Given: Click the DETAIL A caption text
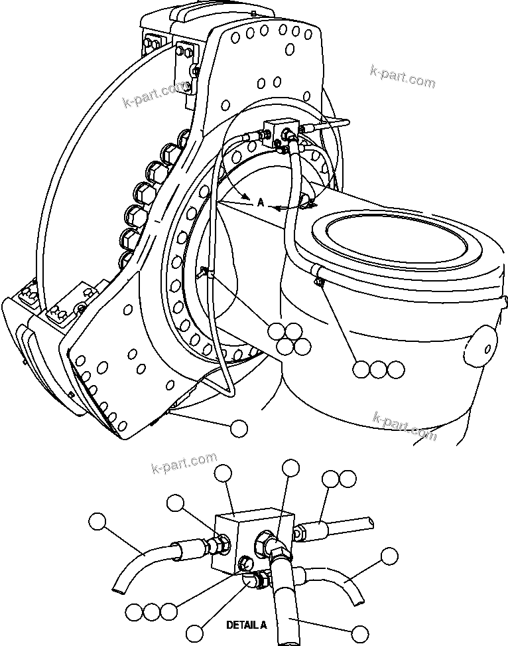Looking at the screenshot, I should tap(246, 625).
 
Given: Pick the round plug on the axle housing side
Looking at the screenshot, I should tap(481, 344).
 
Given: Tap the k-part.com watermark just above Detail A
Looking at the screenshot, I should tap(184, 463).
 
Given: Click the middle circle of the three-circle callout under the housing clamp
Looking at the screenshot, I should tap(378, 370).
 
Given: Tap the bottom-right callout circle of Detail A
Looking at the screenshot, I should tap(359, 633).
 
